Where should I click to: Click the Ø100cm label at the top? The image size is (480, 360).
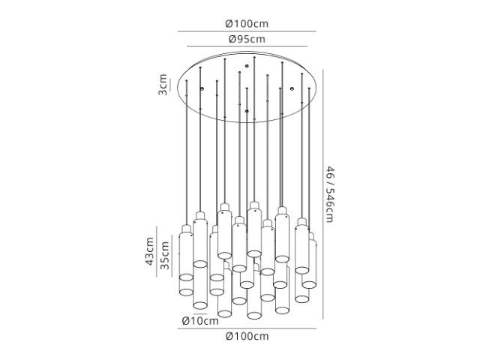(x=247, y=23)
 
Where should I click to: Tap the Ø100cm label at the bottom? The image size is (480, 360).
(x=247, y=336)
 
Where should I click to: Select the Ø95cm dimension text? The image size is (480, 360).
(x=247, y=39)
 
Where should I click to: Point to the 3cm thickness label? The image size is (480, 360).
(x=163, y=85)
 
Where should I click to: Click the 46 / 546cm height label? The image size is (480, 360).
(x=329, y=194)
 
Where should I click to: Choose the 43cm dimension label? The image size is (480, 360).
(x=149, y=251)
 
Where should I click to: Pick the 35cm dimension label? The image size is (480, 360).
(x=165, y=255)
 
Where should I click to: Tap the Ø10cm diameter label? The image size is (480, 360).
(x=200, y=321)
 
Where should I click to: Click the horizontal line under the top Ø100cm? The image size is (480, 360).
(x=247, y=31)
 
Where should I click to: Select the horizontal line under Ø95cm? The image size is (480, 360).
(x=247, y=46)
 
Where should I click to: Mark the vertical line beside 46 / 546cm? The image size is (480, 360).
(x=322, y=194)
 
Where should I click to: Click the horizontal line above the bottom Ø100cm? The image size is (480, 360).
(x=247, y=328)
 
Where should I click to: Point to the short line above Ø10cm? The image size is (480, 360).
(x=200, y=313)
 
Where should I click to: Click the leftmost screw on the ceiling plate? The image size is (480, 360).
(x=202, y=88)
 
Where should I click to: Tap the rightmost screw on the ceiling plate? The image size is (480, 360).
(x=292, y=88)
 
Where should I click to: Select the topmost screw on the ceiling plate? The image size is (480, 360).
(x=247, y=65)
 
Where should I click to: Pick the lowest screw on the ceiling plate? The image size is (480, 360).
(x=247, y=111)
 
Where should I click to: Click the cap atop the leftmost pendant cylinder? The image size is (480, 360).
(x=186, y=229)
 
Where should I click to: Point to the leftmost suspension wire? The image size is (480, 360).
(x=186, y=152)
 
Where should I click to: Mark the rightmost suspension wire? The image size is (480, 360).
(x=309, y=159)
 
